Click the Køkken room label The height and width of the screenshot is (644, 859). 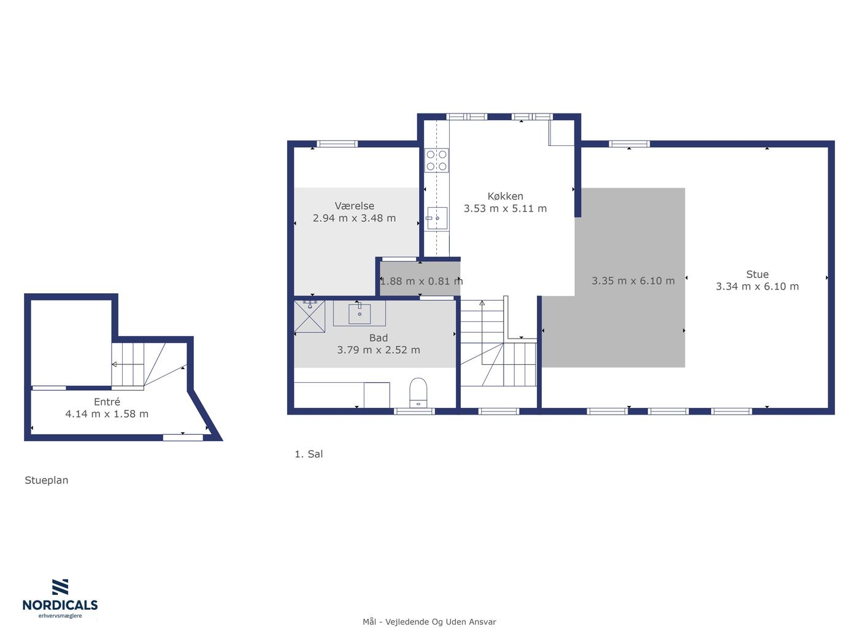[x=505, y=196]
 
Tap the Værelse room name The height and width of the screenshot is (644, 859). [x=354, y=206]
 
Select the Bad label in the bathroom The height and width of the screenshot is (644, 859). [x=379, y=338]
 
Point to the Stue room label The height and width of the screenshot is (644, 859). [x=757, y=275]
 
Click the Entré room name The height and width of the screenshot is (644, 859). [x=107, y=402]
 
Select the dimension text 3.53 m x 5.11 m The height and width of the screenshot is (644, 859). [x=505, y=209]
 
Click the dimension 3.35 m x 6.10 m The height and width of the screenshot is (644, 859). [x=633, y=281]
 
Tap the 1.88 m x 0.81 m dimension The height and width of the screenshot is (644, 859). [x=422, y=281]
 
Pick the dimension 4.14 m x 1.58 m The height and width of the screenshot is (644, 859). [x=107, y=413]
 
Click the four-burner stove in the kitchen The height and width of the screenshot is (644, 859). [x=436, y=160]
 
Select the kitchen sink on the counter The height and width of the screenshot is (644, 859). [x=437, y=218]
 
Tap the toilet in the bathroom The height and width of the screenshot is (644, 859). [x=418, y=393]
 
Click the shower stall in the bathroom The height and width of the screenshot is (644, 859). [x=310, y=316]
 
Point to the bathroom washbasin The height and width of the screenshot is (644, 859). [x=360, y=313]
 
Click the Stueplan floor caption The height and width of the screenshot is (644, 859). [x=47, y=480]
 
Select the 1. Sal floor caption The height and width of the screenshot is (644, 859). [x=309, y=454]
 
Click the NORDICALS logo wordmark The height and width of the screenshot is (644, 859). [x=60, y=605]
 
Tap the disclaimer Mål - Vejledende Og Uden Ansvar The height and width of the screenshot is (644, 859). [x=429, y=622]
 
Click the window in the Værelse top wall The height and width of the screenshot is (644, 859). [x=337, y=144]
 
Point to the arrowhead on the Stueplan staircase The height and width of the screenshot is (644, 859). [x=114, y=364]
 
